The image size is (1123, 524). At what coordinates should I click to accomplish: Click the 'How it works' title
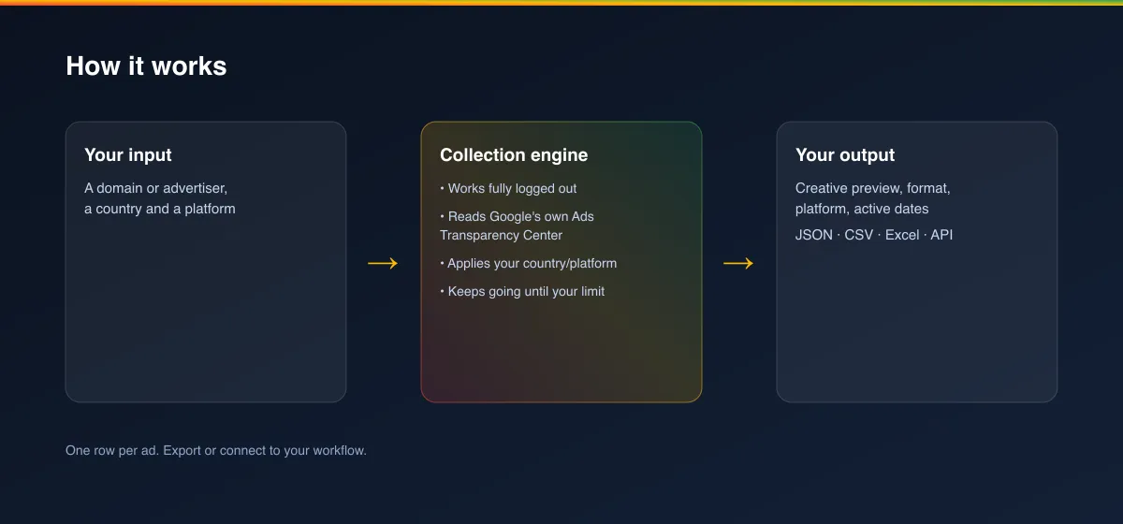146,66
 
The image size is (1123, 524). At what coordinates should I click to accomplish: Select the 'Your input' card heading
128,155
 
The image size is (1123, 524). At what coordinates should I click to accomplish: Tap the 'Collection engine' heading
514,155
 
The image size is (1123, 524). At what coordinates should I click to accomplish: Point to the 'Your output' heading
845,155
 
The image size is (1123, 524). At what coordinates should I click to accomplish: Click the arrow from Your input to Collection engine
383,263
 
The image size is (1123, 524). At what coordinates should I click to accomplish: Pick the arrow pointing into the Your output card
738,263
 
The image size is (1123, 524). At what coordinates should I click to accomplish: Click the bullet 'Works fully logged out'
508,188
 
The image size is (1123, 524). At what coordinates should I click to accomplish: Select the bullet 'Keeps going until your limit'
522,291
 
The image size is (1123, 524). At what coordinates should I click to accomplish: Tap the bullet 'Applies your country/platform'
529,263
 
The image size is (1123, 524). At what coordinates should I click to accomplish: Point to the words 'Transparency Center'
501,235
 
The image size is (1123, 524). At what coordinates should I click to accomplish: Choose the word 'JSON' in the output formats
813,235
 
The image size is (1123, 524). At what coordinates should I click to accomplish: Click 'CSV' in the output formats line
859,235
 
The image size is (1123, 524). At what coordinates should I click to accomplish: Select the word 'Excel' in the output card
902,235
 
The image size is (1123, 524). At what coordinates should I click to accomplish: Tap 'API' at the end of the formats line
941,235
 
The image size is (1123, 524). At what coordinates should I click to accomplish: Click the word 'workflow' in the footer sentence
339,450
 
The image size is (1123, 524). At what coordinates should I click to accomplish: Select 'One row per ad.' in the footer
112,450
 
